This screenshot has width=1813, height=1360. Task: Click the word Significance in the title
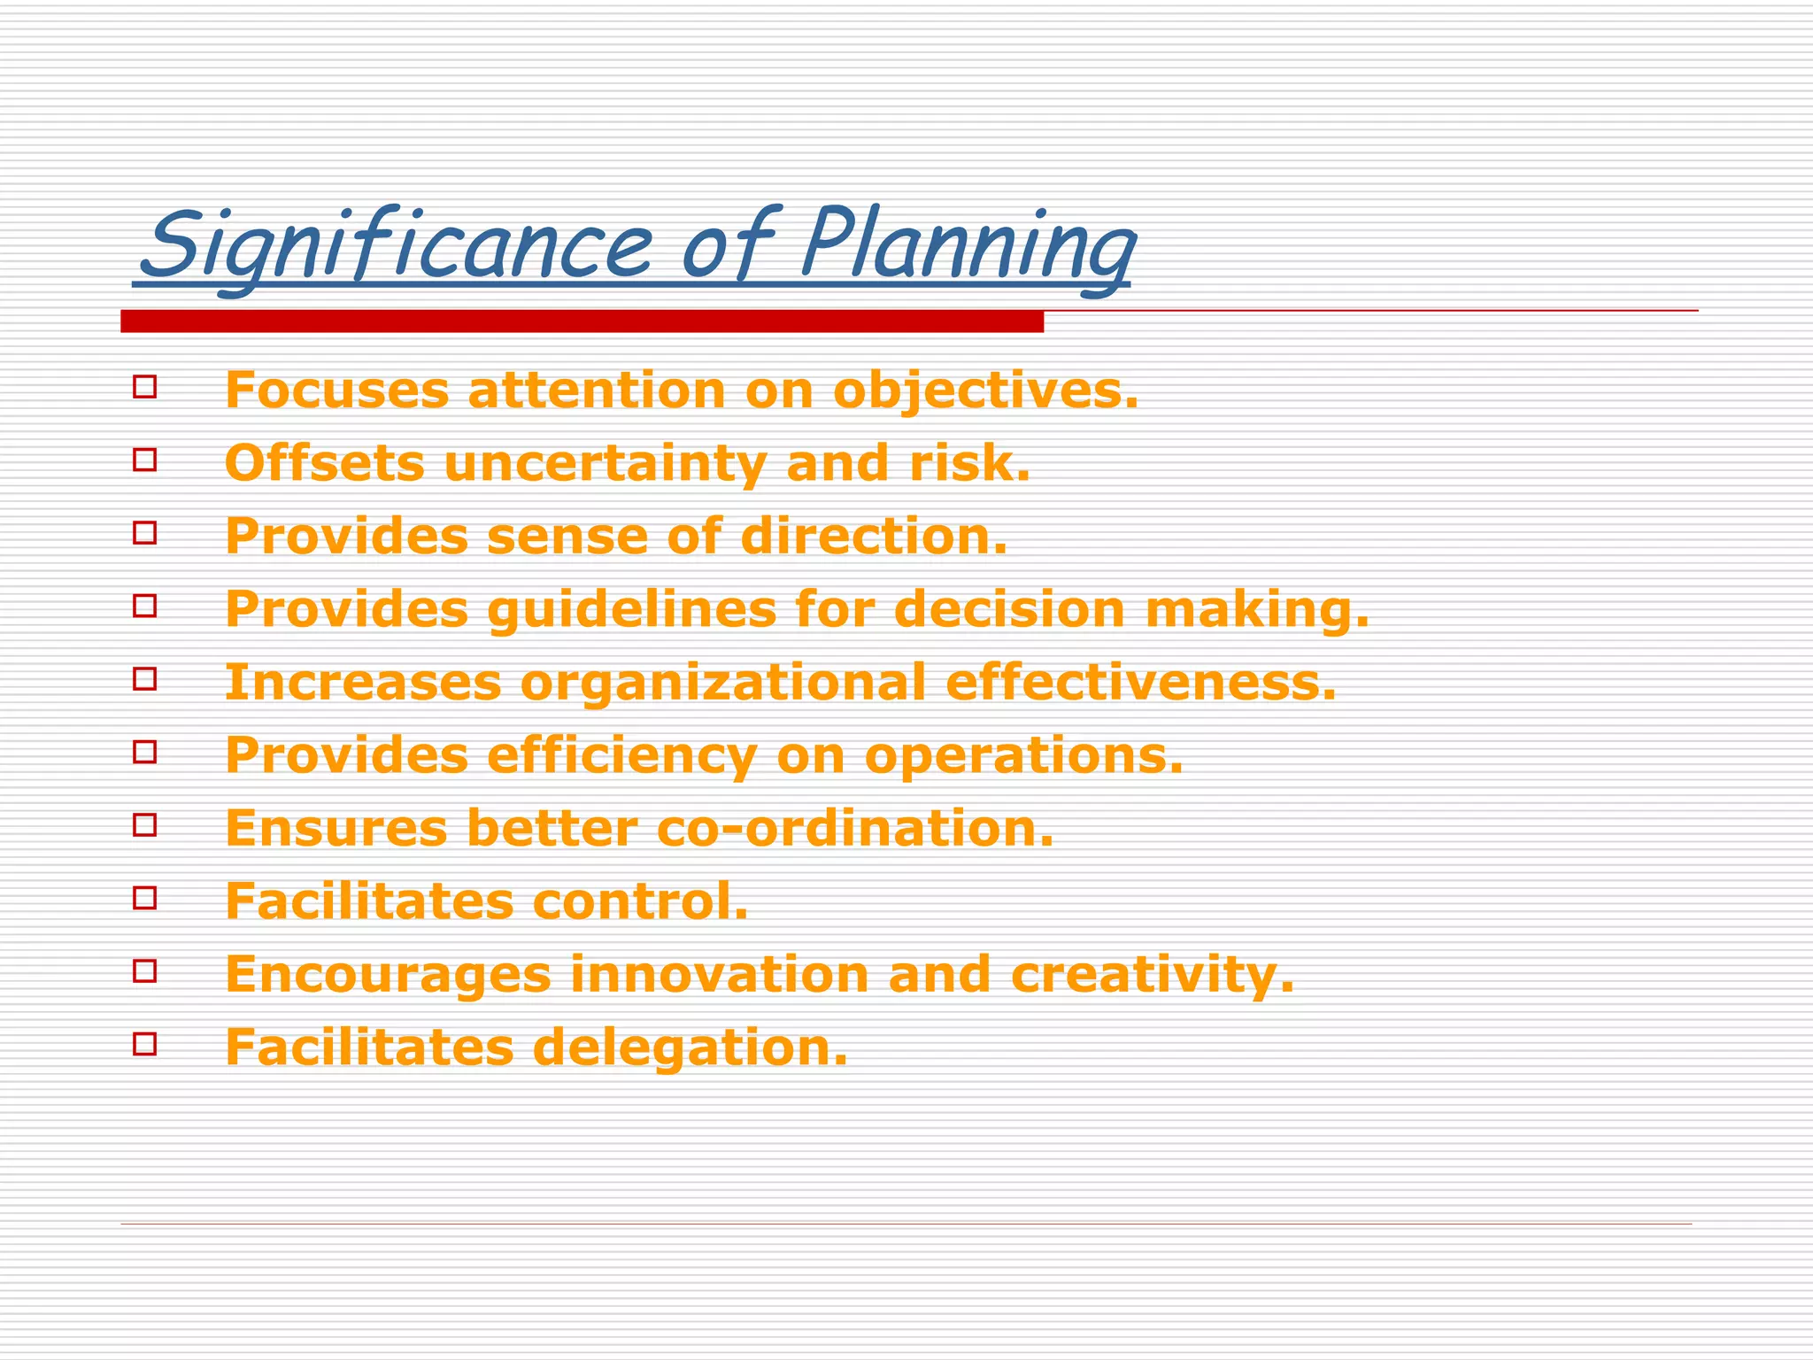click(398, 244)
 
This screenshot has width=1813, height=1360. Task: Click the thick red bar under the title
click(582, 321)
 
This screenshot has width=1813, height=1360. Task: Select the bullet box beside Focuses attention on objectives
click(145, 387)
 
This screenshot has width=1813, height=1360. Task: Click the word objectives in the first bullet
click(985, 390)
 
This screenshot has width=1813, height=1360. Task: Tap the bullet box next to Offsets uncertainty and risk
click(145, 460)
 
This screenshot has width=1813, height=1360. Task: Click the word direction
click(874, 536)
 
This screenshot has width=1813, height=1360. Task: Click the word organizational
click(722, 684)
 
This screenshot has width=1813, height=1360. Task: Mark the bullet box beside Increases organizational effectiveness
click(145, 678)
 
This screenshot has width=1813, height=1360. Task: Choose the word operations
click(1023, 756)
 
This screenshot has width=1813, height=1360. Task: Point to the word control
click(640, 901)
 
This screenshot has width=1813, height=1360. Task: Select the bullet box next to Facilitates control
click(145, 898)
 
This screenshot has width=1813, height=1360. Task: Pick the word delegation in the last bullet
click(690, 1048)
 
